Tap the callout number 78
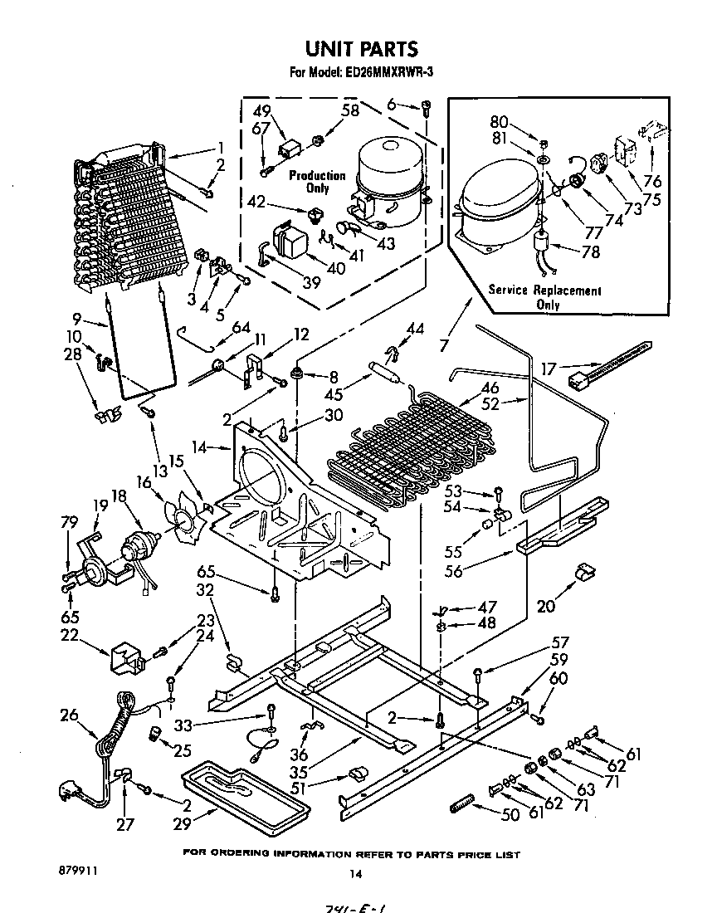[x=590, y=252]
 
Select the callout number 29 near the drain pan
[x=181, y=823]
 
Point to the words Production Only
[x=317, y=182]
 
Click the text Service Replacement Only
[x=544, y=297]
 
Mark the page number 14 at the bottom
[x=356, y=872]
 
